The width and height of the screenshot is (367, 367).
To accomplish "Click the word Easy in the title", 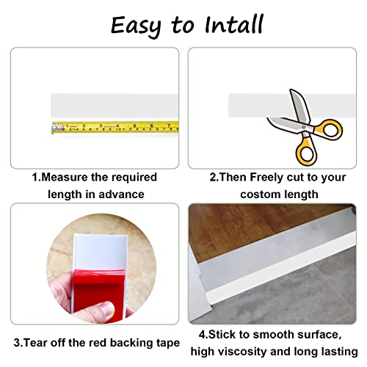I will [136, 25].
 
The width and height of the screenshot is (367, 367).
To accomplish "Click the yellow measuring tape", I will [117, 127].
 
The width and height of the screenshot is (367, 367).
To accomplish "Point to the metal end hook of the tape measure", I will [54, 128].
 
